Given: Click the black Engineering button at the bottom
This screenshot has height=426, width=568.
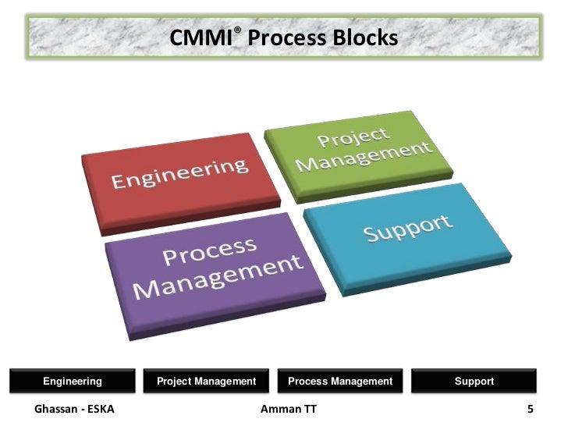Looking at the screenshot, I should [x=73, y=381].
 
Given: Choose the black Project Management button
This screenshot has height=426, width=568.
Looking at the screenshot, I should [x=206, y=381].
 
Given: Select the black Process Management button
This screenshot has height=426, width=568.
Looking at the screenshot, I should [x=340, y=381].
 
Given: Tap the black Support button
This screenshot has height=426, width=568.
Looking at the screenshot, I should [x=474, y=381].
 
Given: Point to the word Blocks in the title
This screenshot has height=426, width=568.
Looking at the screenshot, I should [x=365, y=37].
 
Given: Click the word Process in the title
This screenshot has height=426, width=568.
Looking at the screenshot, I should [x=286, y=37].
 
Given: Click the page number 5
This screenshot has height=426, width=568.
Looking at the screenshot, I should [x=531, y=408].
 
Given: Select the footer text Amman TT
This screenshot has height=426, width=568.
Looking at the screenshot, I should [x=289, y=408].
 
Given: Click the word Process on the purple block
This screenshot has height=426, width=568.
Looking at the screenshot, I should [x=209, y=252].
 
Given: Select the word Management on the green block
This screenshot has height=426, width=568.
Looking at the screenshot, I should [x=364, y=156].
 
